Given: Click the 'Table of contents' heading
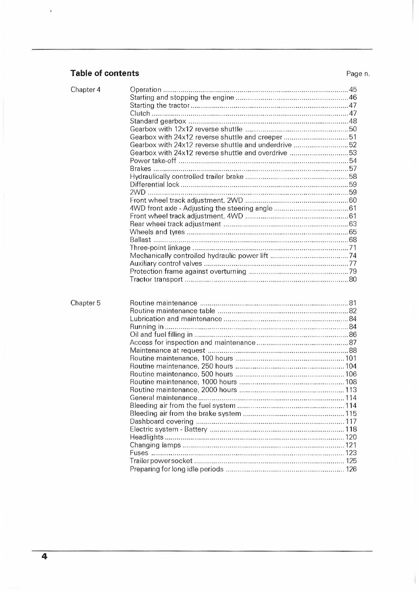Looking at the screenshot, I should tap(104, 73).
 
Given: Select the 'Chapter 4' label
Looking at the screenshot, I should tap(86, 89).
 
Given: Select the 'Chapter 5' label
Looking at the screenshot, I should tap(86, 303).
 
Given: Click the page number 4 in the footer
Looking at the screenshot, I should tap(44, 557).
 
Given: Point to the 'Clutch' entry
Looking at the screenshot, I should tap(140, 113).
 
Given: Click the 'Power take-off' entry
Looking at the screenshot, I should tap(153, 161).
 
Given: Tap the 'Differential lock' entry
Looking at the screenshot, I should tap(155, 184).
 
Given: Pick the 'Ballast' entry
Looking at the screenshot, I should tap(140, 240).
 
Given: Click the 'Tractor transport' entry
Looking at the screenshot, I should tap(156, 280).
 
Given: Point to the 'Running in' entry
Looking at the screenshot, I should tap(144, 327).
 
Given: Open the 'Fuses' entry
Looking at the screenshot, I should tap(139, 453).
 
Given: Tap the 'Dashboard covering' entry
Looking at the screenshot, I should tap(161, 422).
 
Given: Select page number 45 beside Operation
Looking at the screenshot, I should tap(353, 89).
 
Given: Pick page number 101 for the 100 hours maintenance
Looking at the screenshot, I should tap(351, 358).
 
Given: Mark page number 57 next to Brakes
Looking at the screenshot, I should tap(353, 169).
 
